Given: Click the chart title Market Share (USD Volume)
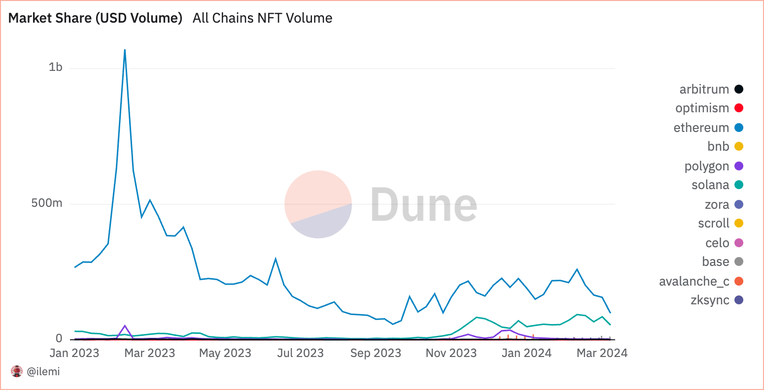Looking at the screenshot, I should click(x=95, y=18).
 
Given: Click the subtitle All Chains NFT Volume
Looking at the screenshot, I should click(x=262, y=18).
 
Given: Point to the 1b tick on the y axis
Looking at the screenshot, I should click(x=56, y=67).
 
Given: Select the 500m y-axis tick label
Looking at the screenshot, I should click(x=47, y=203).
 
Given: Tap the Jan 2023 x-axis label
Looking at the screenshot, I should click(x=74, y=353).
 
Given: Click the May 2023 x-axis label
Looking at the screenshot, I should click(x=225, y=353).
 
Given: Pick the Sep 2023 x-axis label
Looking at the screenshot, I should click(x=376, y=353).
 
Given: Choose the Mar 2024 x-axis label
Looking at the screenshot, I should click(x=602, y=353).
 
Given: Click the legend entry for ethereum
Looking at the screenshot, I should click(x=701, y=128).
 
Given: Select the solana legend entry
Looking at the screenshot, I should click(x=710, y=185).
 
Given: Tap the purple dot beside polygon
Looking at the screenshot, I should click(x=738, y=166).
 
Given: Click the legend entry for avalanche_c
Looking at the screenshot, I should click(x=694, y=281).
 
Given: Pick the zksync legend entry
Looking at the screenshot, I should click(x=710, y=300).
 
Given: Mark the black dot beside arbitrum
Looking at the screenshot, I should click(x=738, y=89).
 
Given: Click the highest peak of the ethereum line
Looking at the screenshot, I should click(x=125, y=50).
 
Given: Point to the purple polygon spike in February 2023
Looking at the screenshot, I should click(x=125, y=326).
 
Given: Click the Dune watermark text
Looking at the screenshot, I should click(x=424, y=204).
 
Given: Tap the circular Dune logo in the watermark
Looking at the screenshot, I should click(x=318, y=204).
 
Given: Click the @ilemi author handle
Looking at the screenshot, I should click(x=43, y=372).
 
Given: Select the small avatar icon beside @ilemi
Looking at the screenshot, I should click(x=17, y=372).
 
